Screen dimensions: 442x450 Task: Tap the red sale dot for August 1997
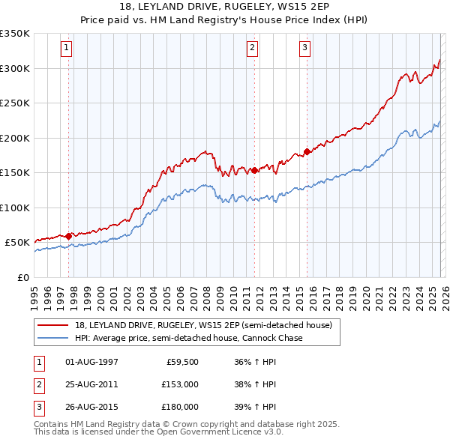coord(68,236)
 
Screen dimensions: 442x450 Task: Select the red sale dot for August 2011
coord(254,170)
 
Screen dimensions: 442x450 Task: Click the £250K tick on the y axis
coord(15,103)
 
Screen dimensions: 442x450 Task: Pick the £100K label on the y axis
coord(15,208)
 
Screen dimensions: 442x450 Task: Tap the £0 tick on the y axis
coord(22,277)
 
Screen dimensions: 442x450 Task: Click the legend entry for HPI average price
coord(188,338)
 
